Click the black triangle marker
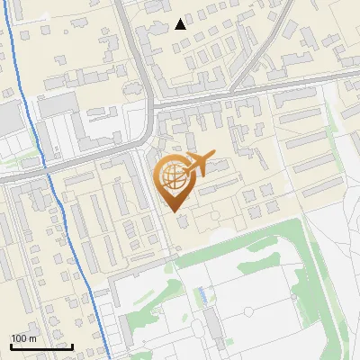pyautogui.click(x=181, y=23)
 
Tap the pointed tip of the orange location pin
pyautogui.click(x=174, y=211)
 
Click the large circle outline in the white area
pyautogui.click(x=248, y=311)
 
